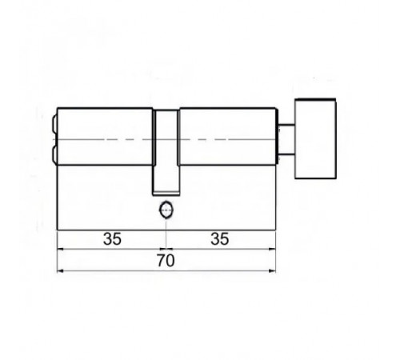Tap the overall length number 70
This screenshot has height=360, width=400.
pyautogui.click(x=166, y=261)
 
